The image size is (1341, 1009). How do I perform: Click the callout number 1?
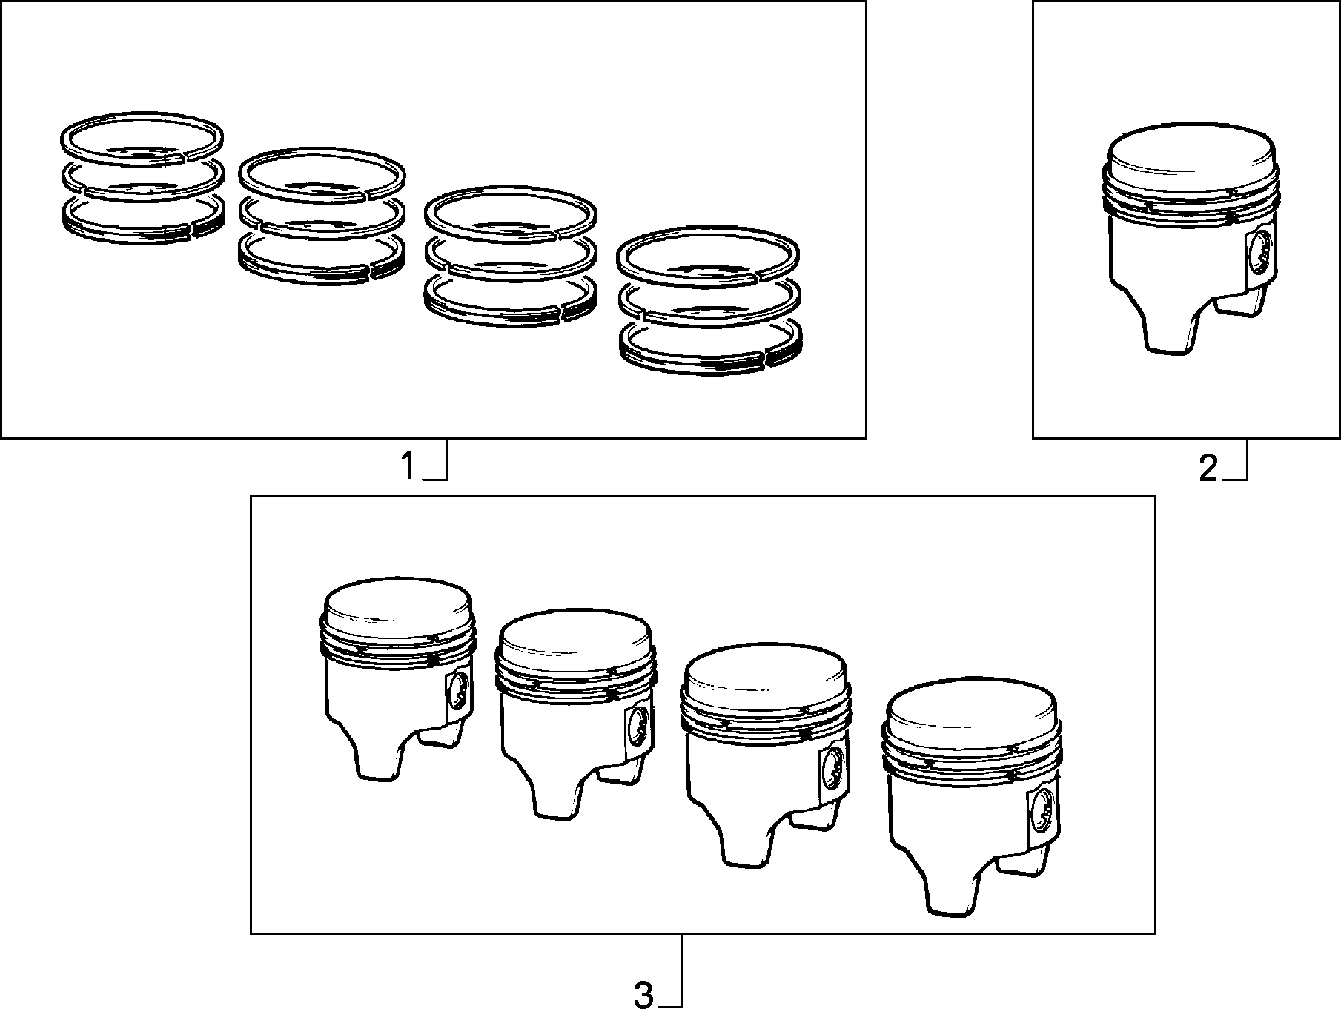click(408, 467)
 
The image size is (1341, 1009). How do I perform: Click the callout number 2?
click(1208, 469)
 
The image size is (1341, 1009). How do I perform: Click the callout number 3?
click(643, 995)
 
